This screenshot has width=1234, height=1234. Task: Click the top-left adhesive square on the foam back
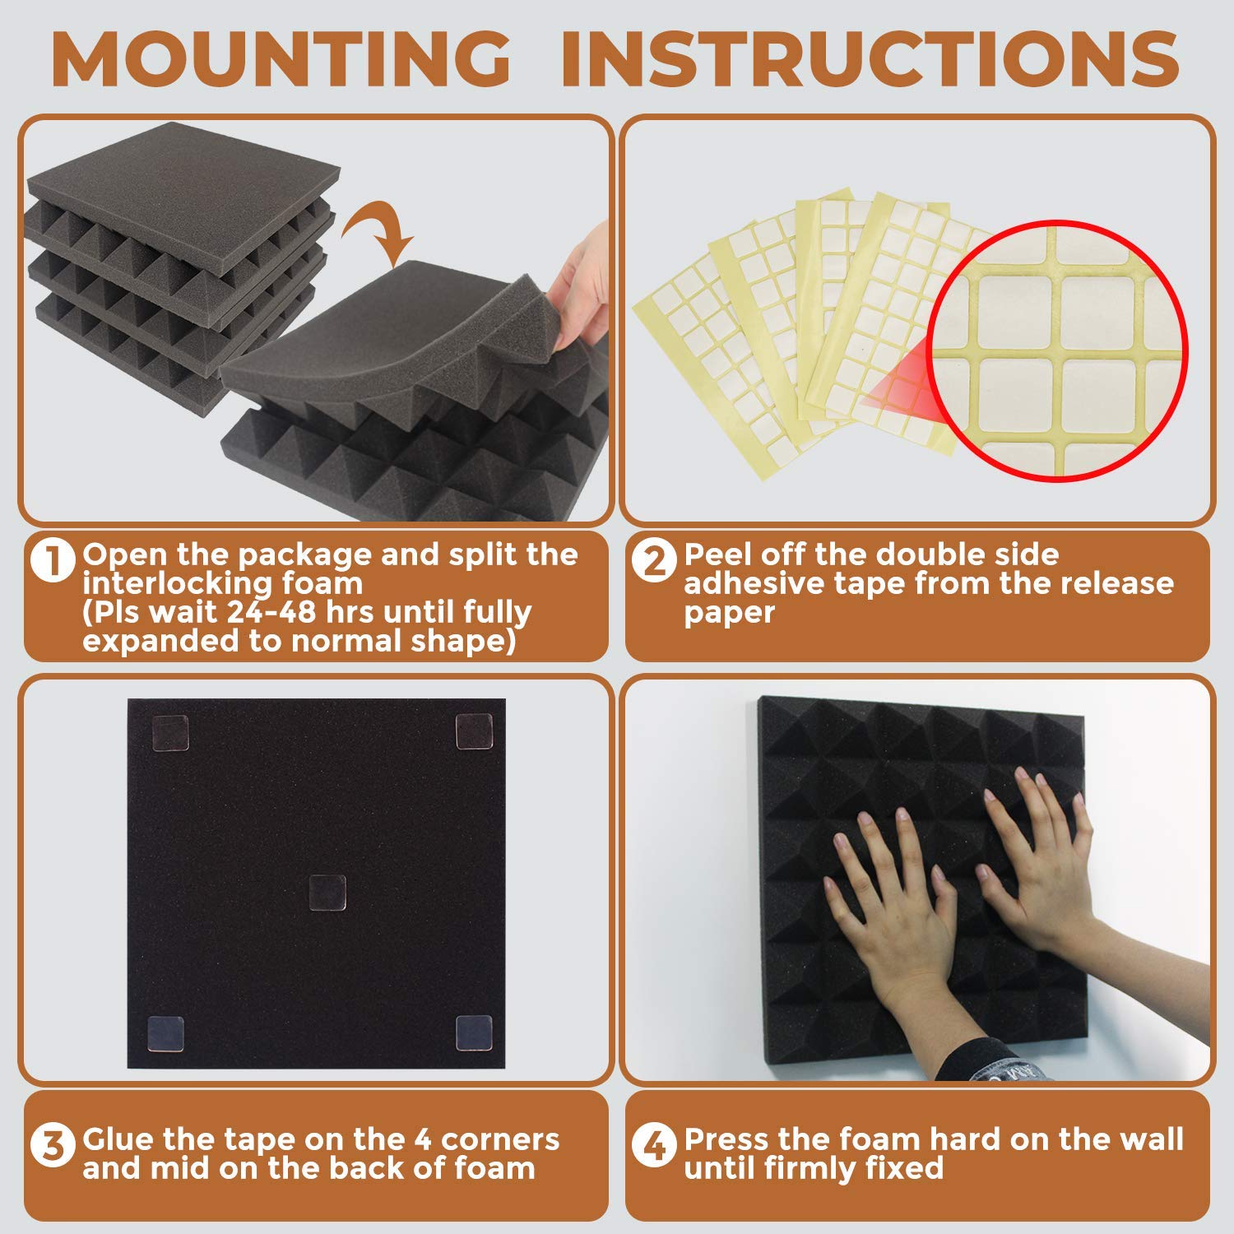(170, 732)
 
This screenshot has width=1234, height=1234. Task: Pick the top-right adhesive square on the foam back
(475, 731)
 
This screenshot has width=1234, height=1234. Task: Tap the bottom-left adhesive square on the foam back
(165, 1034)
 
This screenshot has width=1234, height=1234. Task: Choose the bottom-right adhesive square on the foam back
(474, 1033)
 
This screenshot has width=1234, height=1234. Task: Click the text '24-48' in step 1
(264, 613)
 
